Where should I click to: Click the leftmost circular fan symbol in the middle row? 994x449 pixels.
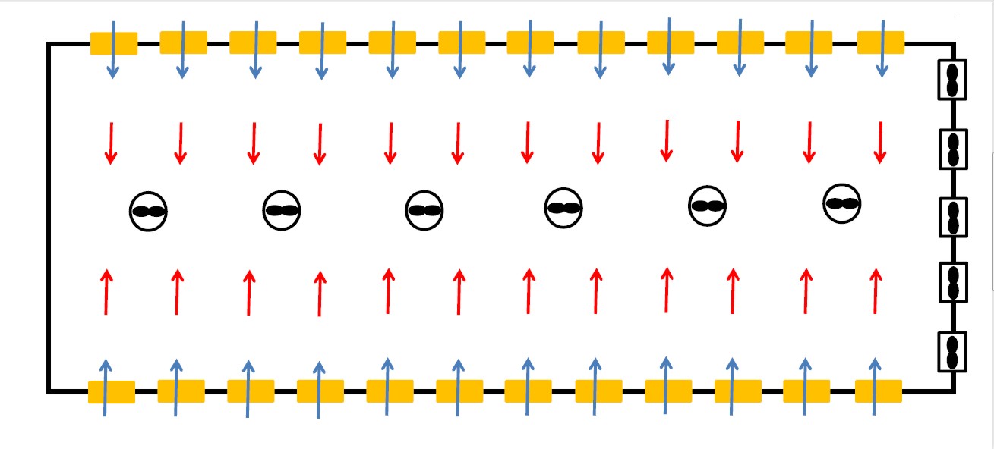coord(148,212)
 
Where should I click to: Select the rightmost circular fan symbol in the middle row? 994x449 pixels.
coord(842,203)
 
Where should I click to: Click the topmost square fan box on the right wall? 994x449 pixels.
coord(952,79)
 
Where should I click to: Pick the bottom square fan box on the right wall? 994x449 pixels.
coord(952,351)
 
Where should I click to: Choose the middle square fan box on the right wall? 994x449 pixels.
coord(952,216)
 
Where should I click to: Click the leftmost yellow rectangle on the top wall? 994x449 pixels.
coord(114,43)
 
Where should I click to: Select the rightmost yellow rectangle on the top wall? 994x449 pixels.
coord(881,42)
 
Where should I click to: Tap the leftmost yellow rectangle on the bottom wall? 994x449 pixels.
coord(112,392)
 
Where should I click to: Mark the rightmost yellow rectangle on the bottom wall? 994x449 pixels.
coord(879,391)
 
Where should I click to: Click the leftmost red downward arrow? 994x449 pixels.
coord(111,143)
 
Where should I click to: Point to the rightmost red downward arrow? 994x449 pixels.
coord(880,142)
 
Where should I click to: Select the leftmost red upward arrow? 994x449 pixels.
coord(106,291)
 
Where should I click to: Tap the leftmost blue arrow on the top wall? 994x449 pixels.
coord(113,50)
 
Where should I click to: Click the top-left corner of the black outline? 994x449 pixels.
coord(49,45)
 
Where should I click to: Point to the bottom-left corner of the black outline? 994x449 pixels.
coord(49,391)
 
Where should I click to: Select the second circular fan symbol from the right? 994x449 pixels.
coord(708,206)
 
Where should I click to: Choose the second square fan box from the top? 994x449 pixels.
coord(952,148)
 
